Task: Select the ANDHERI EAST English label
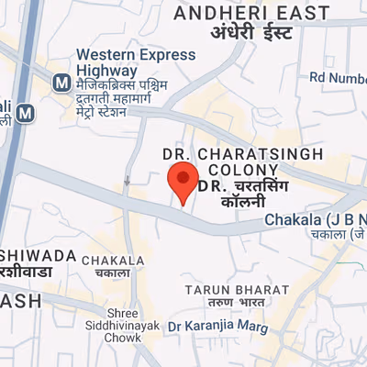tap(250, 13)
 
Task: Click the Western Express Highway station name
tap(136, 62)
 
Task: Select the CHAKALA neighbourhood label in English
tap(113, 261)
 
